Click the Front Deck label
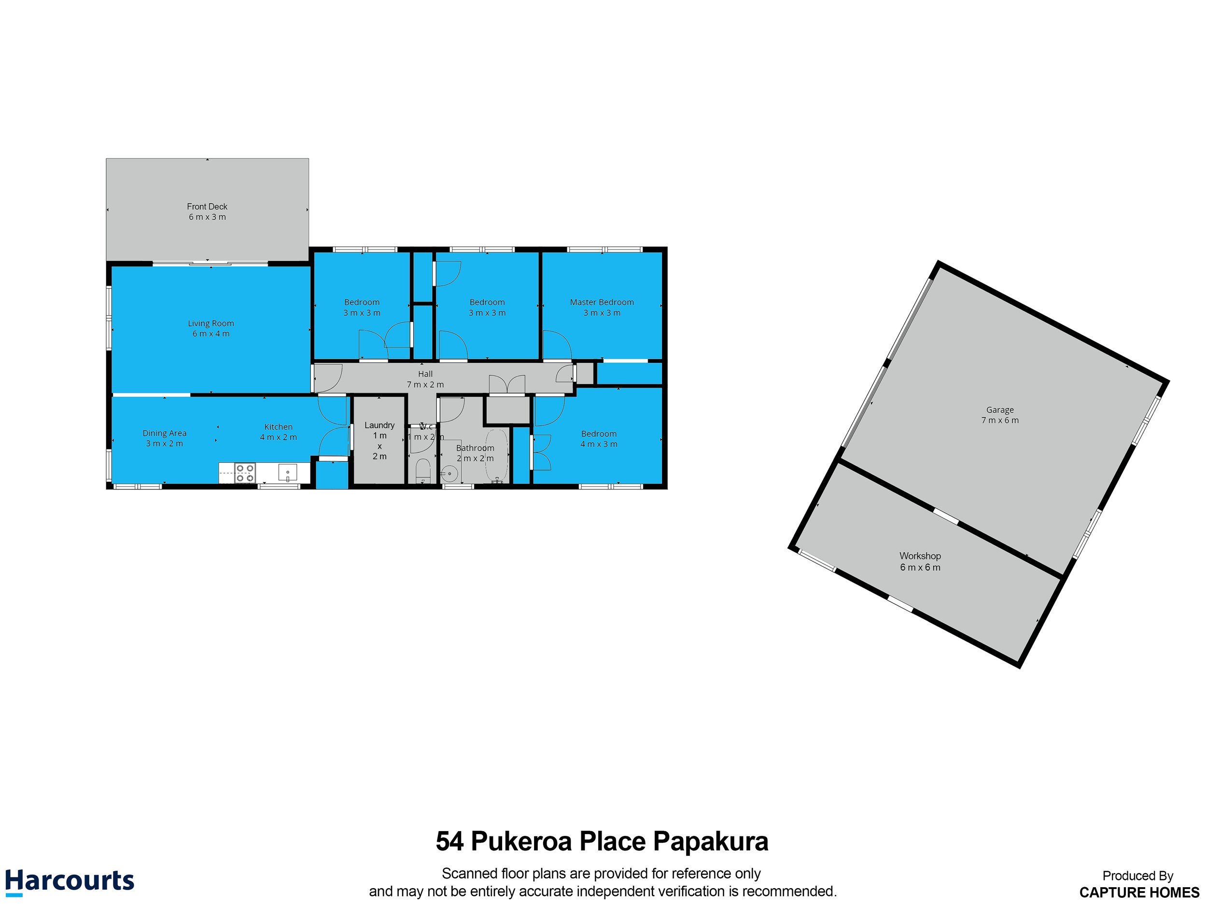point(207,207)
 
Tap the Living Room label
point(211,323)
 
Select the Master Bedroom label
point(602,302)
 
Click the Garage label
point(1000,410)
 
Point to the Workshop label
point(920,556)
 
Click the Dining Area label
point(164,433)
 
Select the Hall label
point(425,374)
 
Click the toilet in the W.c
point(423,470)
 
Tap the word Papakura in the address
point(711,841)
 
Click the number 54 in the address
point(449,841)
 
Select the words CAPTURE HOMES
point(1139,892)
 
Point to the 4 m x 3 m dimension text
point(599,444)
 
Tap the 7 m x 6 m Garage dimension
point(1000,420)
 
